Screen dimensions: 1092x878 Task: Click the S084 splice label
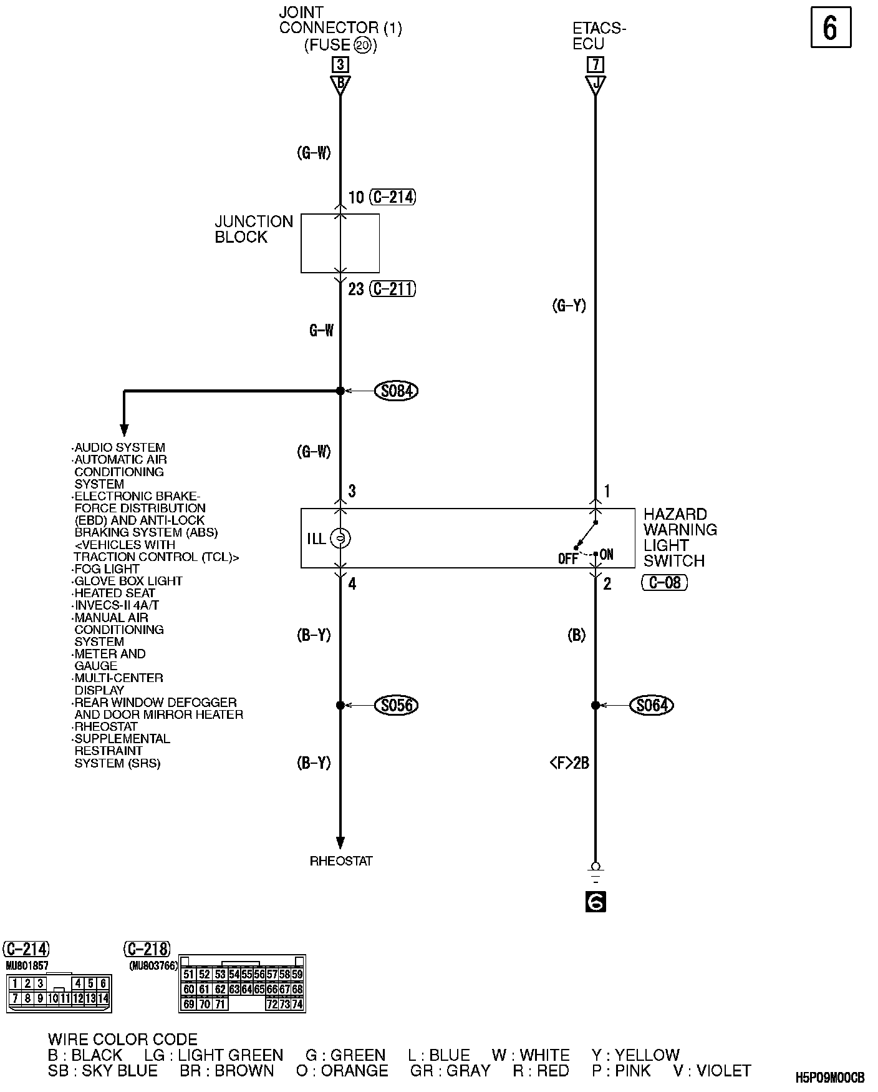[x=396, y=391]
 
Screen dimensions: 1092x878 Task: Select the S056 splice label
[x=396, y=705]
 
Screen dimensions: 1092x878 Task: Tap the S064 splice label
[x=652, y=705]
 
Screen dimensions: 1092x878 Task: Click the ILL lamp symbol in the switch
[x=340, y=538]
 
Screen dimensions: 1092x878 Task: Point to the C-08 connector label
[x=664, y=583]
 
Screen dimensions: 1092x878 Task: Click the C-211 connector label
[x=392, y=289]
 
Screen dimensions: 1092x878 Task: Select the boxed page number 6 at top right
[x=831, y=27]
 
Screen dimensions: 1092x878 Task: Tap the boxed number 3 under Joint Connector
[x=340, y=64]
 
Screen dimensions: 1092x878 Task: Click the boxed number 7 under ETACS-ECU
[x=596, y=64]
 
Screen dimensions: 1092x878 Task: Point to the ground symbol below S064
[x=596, y=872]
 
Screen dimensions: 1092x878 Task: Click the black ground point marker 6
[x=596, y=902]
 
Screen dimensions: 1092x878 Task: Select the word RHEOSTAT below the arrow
[x=341, y=861]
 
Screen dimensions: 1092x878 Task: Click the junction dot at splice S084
[x=340, y=391]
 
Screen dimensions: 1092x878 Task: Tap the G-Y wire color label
[x=569, y=306]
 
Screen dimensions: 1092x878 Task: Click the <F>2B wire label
[x=569, y=763]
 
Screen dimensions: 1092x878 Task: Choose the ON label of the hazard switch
[x=607, y=555]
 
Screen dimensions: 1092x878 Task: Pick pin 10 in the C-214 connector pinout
[x=52, y=998]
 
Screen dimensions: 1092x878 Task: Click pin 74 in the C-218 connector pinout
[x=297, y=1004]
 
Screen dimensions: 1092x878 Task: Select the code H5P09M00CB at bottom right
[x=830, y=1078]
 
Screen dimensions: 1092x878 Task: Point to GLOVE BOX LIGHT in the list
[x=128, y=581]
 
